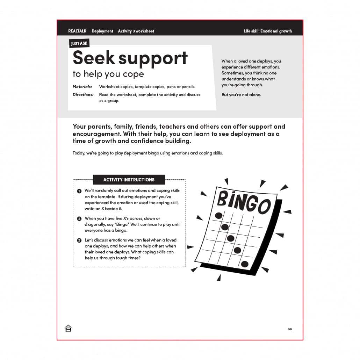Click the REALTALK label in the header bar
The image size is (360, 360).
pos(77,31)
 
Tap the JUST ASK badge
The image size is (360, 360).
pos(79,44)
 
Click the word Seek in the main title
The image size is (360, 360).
pos(93,58)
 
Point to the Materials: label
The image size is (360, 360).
pos(82,87)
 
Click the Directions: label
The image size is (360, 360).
pos(83,95)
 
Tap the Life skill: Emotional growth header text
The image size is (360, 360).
pos(267,31)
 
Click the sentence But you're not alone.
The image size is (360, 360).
pos(241,95)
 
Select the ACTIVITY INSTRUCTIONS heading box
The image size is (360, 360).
pos(129,180)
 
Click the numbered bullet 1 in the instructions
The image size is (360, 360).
pos(79,191)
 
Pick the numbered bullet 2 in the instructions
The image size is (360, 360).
pos(79,219)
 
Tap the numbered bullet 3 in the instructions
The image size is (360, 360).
pos(79,240)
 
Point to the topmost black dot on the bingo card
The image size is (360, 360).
pos(219,215)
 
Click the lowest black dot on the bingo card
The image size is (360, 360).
pos(245,264)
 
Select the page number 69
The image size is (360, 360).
pos(289,329)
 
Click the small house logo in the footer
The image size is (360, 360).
pos(68,329)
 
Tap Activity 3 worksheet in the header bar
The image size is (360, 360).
pos(136,31)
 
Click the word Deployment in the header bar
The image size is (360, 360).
pos(102,31)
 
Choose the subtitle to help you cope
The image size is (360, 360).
pos(108,74)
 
